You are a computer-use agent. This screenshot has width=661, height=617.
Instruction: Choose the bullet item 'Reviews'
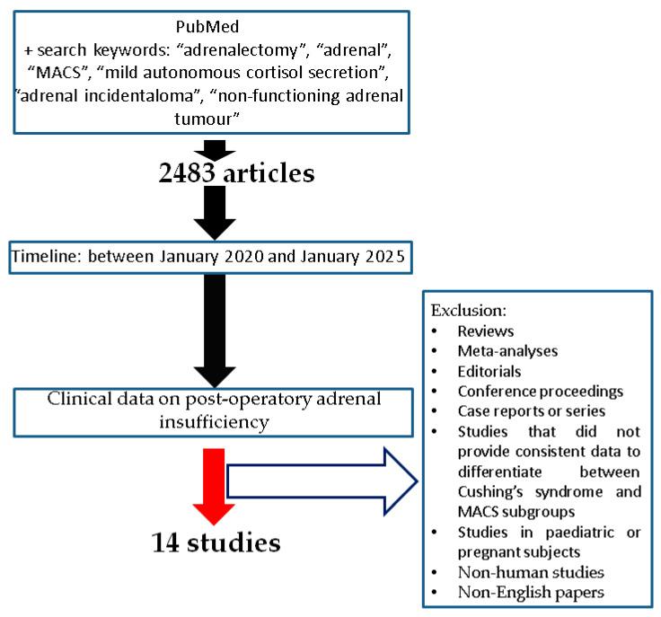click(x=485, y=331)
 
